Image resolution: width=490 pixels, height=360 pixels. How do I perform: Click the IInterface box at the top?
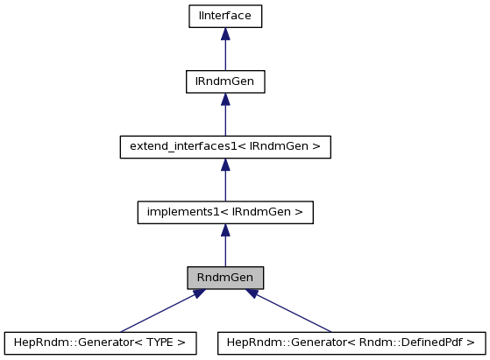[225, 16]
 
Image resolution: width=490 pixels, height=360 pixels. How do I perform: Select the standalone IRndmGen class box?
[225, 81]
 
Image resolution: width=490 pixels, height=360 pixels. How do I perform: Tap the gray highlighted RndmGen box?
[225, 278]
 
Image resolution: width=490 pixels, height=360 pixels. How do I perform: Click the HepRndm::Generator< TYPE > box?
[100, 342]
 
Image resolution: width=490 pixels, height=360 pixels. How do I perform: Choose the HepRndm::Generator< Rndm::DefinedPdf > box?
[351, 342]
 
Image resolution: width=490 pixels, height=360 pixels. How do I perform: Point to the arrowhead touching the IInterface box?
[225, 33]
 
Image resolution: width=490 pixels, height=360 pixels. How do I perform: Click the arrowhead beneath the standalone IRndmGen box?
[225, 99]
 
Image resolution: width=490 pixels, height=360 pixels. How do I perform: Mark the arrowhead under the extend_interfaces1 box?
[225, 165]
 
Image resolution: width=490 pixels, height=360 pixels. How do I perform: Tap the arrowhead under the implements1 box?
[225, 230]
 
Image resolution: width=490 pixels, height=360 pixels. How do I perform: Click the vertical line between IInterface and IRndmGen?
[225, 55]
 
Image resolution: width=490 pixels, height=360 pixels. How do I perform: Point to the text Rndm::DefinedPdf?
[424, 342]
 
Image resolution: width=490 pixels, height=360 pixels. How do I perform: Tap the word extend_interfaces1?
[173, 146]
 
